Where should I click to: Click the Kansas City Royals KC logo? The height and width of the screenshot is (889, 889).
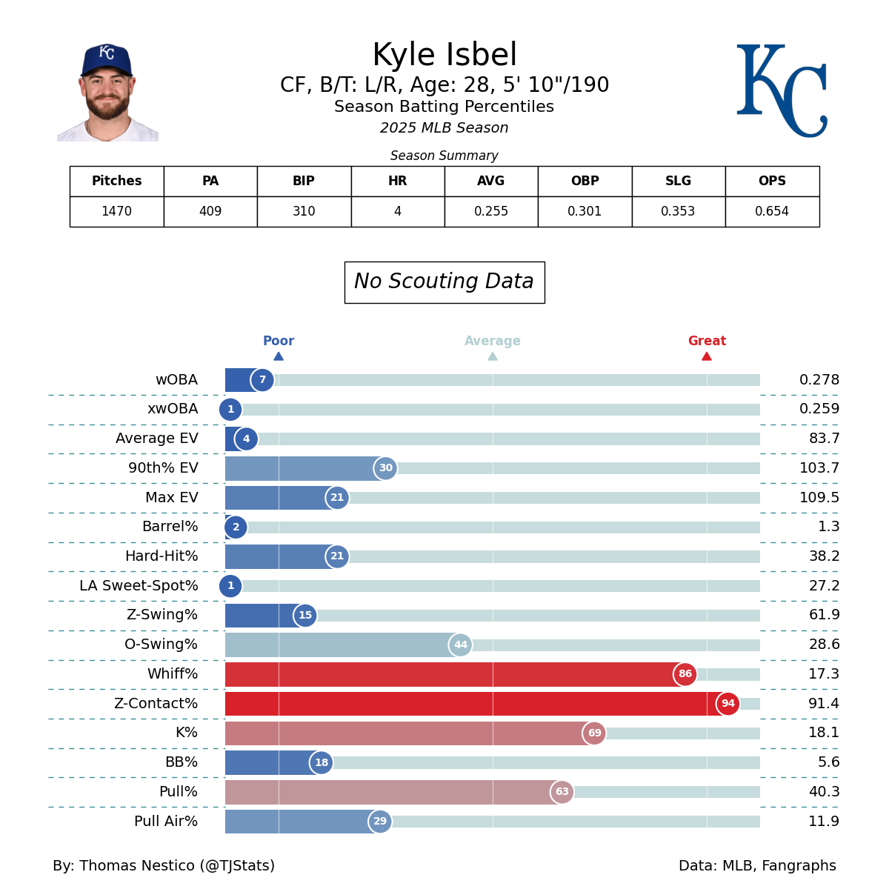pos(781,90)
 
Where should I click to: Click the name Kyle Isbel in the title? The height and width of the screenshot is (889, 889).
pos(444,56)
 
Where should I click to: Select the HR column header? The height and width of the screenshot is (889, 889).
pos(398,182)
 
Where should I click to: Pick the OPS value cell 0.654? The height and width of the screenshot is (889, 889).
pos(772,212)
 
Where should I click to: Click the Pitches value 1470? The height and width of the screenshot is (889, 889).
pos(116,212)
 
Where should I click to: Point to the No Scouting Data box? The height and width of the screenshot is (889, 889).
pos(444,282)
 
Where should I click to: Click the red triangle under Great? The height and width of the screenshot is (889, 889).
pos(707,356)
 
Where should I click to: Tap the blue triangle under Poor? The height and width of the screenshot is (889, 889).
pos(279,356)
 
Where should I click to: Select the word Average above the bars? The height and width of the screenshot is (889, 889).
pos(493,342)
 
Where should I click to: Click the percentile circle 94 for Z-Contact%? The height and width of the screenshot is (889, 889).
pos(727,704)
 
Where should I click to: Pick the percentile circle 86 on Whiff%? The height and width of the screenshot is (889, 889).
pos(685,674)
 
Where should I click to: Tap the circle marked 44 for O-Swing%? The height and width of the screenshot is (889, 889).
pos(460,645)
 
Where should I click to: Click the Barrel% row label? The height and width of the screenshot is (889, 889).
pos(170,527)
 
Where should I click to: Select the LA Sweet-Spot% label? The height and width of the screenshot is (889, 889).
pos(139,586)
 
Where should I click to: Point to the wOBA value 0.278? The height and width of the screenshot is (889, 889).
pos(819,380)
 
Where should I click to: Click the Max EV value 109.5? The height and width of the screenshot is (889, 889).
pos(819,498)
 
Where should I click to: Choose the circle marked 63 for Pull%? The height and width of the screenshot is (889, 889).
pos(562,792)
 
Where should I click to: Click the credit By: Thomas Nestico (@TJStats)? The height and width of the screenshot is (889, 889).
pos(164,866)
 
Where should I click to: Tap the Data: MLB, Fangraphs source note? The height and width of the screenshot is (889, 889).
pos(757,866)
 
